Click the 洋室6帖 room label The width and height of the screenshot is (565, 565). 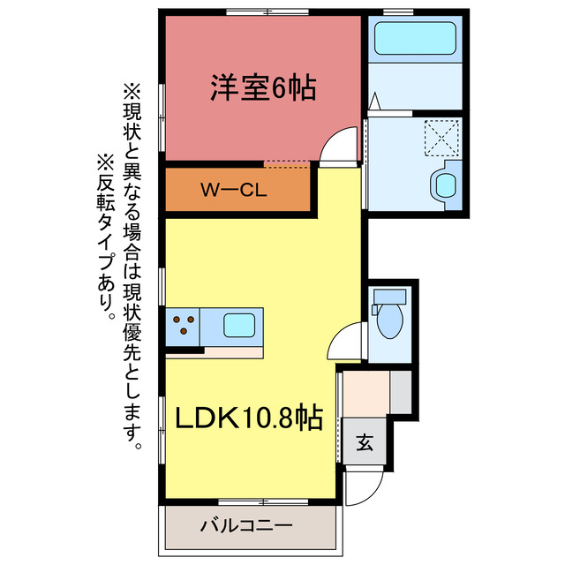click(x=263, y=87)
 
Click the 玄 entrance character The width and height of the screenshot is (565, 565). click(x=364, y=443)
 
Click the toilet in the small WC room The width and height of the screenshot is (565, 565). click(x=388, y=323)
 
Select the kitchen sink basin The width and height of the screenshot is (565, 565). click(x=241, y=325)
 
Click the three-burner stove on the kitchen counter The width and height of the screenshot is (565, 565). click(x=184, y=326)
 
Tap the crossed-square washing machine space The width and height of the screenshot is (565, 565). click(x=442, y=137)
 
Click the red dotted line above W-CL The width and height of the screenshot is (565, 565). click(x=287, y=163)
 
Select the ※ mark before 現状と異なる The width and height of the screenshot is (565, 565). click(x=132, y=91)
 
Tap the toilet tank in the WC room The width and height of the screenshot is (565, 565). click(x=376, y=309)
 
